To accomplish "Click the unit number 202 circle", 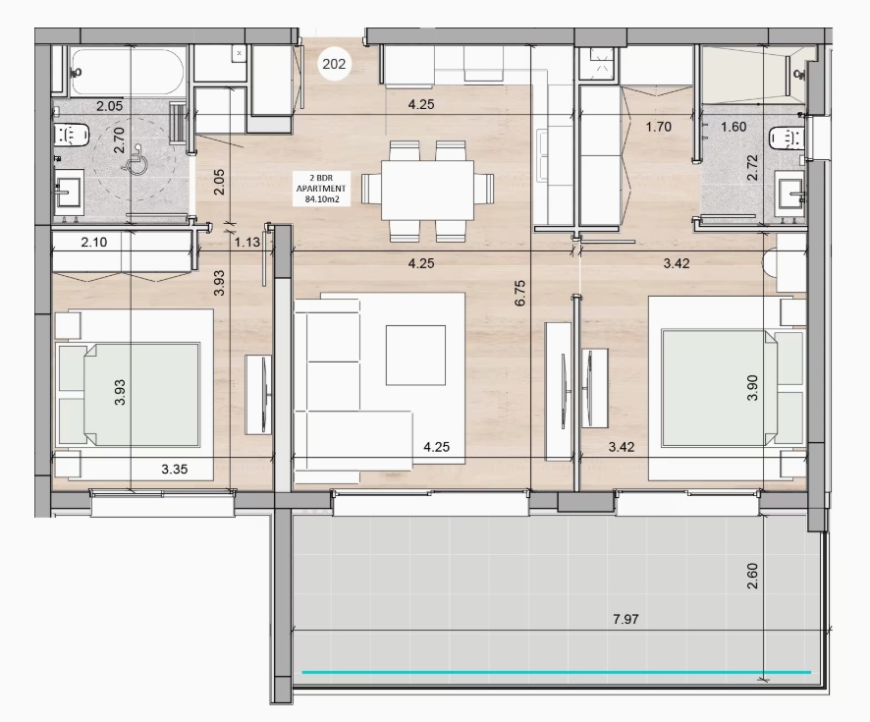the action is pyautogui.click(x=334, y=65).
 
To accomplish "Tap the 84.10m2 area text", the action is pyautogui.click(x=321, y=199).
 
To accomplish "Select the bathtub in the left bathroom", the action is pyautogui.click(x=128, y=73).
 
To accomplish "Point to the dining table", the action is pyautogui.click(x=427, y=190).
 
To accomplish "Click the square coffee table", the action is pyautogui.click(x=415, y=356).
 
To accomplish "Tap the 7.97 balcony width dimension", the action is pyautogui.click(x=625, y=619).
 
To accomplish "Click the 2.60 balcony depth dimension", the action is pyautogui.click(x=752, y=576).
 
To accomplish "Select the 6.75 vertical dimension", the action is pyautogui.click(x=519, y=293).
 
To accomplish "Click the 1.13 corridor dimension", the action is pyautogui.click(x=246, y=242).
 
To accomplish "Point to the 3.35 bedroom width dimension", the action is pyautogui.click(x=174, y=469).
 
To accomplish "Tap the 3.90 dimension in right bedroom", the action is pyautogui.click(x=752, y=388).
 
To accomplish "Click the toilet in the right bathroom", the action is pyautogui.click(x=788, y=139).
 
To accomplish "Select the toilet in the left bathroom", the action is pyautogui.click(x=72, y=135).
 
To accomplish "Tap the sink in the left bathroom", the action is pyautogui.click(x=69, y=192).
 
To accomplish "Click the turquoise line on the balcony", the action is pyautogui.click(x=557, y=672).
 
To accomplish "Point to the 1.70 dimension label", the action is pyautogui.click(x=658, y=127).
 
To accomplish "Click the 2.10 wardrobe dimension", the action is pyautogui.click(x=93, y=242).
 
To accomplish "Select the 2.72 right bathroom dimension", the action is pyautogui.click(x=752, y=168).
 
